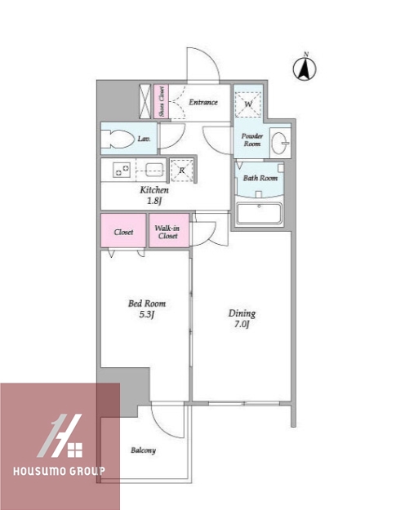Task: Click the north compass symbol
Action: pyautogui.click(x=305, y=67)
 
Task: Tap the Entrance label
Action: pyautogui.click(x=203, y=102)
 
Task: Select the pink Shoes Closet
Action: pyautogui.click(x=161, y=102)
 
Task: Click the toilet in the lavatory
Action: pyautogui.click(x=118, y=140)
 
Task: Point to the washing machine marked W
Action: pyautogui.click(x=248, y=104)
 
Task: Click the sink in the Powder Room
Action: pyautogui.click(x=281, y=143)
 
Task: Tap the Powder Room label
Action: pyautogui.click(x=252, y=140)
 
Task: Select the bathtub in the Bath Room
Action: pyautogui.click(x=259, y=213)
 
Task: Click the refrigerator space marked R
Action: pyautogui.click(x=181, y=170)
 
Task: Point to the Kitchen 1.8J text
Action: pyautogui.click(x=154, y=195)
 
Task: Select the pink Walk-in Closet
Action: pyautogui.click(x=169, y=230)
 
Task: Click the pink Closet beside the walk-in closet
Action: pyautogui.click(x=123, y=231)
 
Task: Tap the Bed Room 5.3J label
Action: pyautogui.click(x=147, y=308)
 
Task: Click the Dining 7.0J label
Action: pyautogui.click(x=242, y=318)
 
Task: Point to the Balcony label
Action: pyautogui.click(x=143, y=450)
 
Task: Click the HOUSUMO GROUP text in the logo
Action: pyautogui.click(x=60, y=471)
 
